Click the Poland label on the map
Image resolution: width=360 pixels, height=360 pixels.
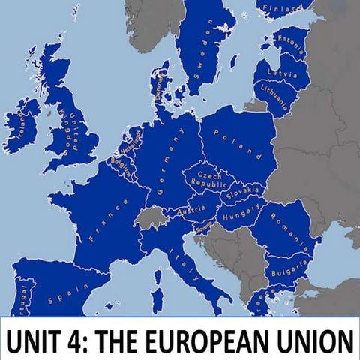pos(239,144)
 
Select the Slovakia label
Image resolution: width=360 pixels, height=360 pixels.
pos(241,193)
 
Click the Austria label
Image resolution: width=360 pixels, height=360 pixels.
pos(190,213)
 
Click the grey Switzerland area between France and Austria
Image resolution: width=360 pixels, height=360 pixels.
pos(152,218)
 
